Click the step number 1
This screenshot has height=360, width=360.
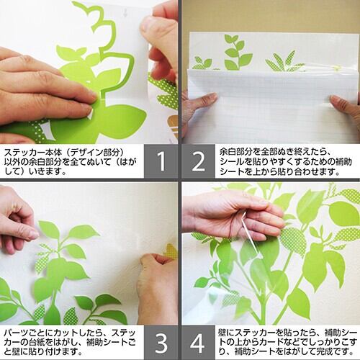point(161,161)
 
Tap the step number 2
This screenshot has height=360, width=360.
point(199,161)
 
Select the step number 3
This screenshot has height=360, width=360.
point(161,343)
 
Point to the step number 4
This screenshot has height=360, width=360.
point(197,343)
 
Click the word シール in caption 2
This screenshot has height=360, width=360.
point(232,161)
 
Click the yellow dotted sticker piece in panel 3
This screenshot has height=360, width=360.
point(171,251)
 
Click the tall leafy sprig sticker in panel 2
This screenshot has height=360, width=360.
point(238,52)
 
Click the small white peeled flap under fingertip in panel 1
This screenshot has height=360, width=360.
point(90,113)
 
